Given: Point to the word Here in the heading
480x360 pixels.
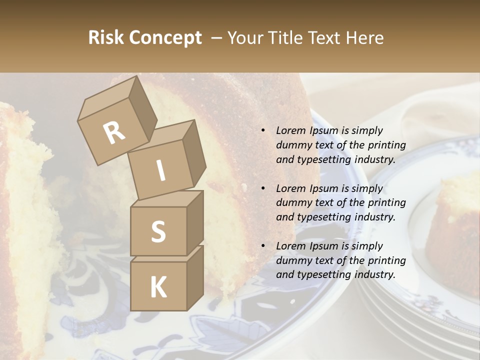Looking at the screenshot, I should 365,38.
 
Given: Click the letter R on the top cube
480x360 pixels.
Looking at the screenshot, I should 114,133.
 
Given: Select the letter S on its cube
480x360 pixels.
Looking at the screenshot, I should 158,232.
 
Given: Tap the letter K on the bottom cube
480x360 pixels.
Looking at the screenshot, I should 158,287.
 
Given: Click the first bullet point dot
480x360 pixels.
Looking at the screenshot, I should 263,131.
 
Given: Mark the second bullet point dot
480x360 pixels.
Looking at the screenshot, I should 263,189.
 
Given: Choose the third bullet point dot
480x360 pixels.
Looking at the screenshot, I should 263,246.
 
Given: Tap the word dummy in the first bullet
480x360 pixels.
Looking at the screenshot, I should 292,145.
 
